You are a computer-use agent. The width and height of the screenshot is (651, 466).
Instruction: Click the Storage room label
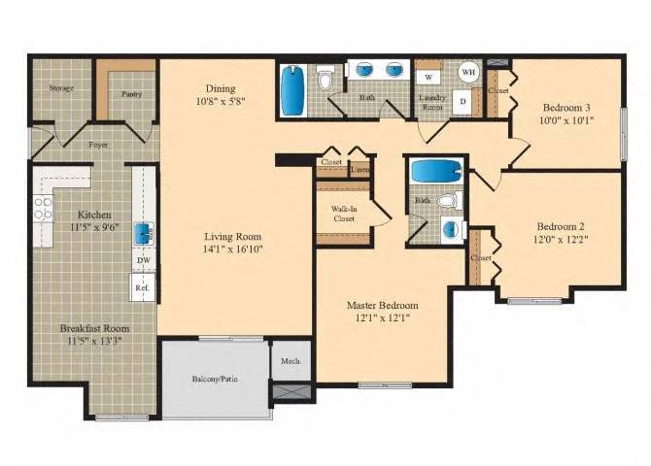point(60,88)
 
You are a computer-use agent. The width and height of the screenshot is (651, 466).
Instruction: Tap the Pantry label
point(131,94)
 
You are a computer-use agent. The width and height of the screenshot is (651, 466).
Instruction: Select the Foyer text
point(99,145)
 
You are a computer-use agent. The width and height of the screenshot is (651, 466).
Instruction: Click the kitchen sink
point(143,232)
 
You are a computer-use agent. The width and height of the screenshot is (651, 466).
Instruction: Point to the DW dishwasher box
point(143,260)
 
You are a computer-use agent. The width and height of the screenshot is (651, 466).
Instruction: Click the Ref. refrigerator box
point(142,287)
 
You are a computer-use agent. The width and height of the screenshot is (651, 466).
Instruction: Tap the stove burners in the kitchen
point(43,207)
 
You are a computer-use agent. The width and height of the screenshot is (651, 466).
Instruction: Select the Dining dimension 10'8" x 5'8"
point(219,101)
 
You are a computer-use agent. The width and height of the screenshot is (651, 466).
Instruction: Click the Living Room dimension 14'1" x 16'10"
point(233,249)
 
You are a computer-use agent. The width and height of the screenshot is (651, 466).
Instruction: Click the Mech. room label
point(291,361)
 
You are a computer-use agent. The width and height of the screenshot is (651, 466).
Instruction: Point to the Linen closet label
point(360,170)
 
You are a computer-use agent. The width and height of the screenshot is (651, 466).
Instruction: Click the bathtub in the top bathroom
point(292,89)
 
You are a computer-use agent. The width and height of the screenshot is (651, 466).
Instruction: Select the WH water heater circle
point(467,72)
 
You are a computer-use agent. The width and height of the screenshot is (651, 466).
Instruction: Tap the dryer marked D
point(463,101)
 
